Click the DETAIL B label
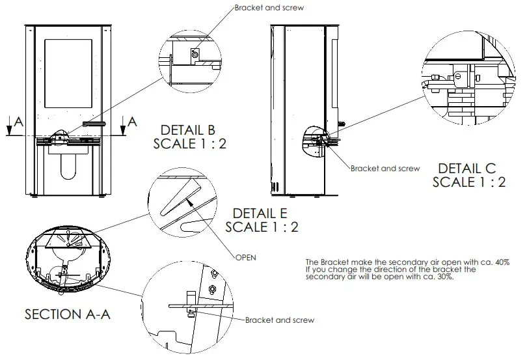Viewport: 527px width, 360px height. click(x=189, y=129)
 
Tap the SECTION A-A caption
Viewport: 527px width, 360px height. click(x=68, y=314)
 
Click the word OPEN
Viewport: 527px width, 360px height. click(x=246, y=256)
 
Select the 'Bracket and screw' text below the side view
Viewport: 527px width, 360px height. click(x=385, y=168)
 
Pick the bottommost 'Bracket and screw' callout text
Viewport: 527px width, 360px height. click(x=280, y=320)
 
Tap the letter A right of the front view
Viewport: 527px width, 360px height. click(x=132, y=121)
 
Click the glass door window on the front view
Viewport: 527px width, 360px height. click(x=68, y=74)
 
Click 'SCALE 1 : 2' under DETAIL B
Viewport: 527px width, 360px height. click(x=189, y=143)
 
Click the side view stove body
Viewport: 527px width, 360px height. click(x=303, y=98)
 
